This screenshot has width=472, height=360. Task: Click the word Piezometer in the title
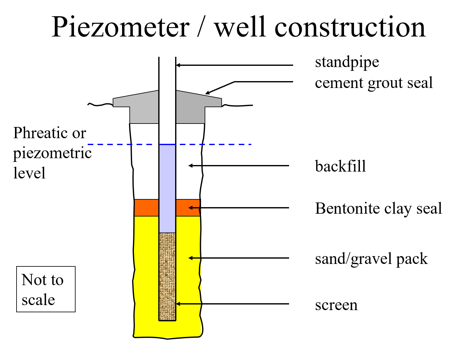click(120, 27)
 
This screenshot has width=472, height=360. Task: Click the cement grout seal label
click(374, 83)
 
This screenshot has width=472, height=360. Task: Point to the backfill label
click(340, 166)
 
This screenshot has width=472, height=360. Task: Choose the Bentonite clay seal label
click(378, 208)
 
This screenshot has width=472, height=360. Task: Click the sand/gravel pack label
click(371, 259)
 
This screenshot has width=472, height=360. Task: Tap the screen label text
click(336, 305)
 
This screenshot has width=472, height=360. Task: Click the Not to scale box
click(46, 289)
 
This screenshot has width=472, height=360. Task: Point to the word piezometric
click(52, 153)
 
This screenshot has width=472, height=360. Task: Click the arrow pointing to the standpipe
click(235, 65)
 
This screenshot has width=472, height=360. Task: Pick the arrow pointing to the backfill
click(239, 166)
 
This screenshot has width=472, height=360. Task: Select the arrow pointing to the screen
click(233, 304)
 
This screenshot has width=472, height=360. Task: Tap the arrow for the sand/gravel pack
click(239, 258)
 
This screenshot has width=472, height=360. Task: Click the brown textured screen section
click(167, 277)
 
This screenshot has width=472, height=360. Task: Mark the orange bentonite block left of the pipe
click(146, 208)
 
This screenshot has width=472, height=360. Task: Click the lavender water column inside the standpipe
click(167, 188)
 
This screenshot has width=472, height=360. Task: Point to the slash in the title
click(201, 27)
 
